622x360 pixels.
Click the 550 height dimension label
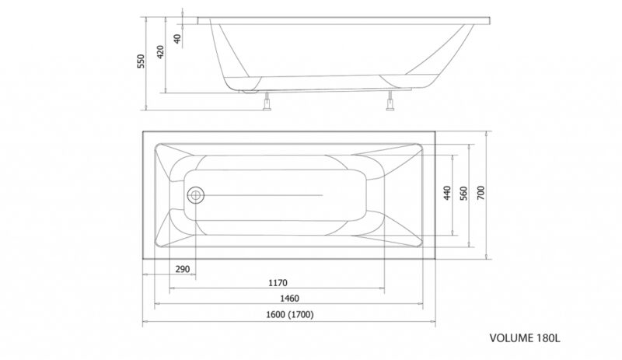142,61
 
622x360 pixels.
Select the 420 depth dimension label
160,52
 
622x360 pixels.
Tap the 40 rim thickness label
177,39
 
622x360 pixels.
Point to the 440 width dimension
447,193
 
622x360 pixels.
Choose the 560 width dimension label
463,193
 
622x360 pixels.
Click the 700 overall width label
480,193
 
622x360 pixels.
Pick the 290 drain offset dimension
183,269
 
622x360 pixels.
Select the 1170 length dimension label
278,283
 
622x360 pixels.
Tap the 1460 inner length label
289,298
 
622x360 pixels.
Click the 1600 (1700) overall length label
289,315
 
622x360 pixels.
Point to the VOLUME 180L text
525,338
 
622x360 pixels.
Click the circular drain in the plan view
195,195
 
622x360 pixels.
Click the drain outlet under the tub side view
249,92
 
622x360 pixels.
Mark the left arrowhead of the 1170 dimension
171,288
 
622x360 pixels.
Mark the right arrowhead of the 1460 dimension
421,304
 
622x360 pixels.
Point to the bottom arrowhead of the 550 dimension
146,107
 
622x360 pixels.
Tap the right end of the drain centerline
323,195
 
